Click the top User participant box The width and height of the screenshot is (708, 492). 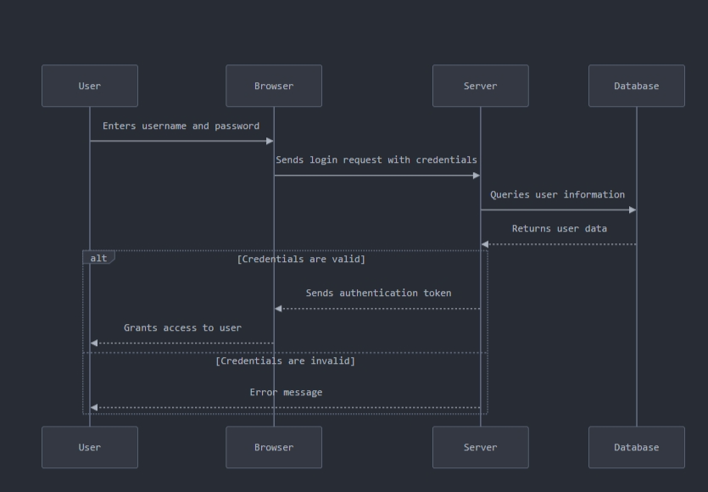point(89,86)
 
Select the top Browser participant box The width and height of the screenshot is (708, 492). point(273,86)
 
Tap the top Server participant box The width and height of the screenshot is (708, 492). point(480,86)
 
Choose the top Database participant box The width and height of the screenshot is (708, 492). point(636,86)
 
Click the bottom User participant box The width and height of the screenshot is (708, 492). point(89,447)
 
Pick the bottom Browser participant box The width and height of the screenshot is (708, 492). point(273,447)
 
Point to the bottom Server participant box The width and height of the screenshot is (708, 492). point(480,447)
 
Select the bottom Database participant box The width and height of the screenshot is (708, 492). point(636,447)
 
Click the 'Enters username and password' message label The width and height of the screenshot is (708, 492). point(181,126)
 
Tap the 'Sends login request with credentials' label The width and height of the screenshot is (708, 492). point(376,160)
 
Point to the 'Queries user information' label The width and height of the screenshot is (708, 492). point(557,195)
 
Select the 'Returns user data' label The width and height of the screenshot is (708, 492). point(559,229)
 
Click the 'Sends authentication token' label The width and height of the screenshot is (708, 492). point(378,294)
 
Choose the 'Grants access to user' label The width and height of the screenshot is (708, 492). point(182,328)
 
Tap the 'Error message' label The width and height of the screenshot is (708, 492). point(286,393)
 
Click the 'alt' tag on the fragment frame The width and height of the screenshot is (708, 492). point(98,258)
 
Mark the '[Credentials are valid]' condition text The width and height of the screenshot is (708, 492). point(301,260)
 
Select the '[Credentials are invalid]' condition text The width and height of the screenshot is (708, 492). point(285,361)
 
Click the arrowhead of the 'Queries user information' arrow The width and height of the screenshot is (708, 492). point(632,210)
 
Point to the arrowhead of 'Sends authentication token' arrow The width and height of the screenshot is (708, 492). point(279,309)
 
